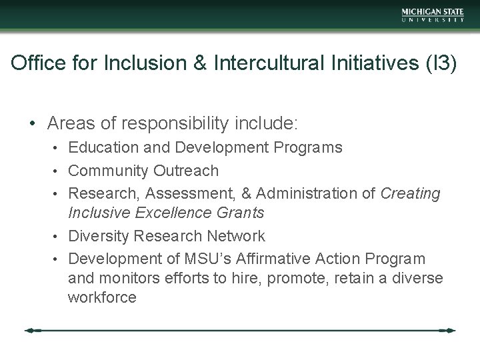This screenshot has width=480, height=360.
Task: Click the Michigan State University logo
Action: [433, 15]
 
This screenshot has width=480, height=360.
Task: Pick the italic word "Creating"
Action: [411, 194]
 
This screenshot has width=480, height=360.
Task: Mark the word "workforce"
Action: [102, 297]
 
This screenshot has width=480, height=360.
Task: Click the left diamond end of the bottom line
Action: [30, 330]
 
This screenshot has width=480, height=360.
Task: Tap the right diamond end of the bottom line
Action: [451, 330]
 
